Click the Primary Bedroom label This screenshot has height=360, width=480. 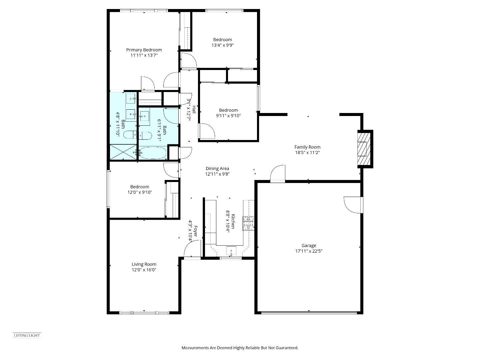coord(144,50)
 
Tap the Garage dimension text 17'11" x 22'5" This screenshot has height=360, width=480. coord(309,251)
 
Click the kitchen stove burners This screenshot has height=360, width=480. coord(248,223)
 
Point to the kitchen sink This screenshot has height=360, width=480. coord(231,250)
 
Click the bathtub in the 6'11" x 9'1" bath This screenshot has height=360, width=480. coord(152,153)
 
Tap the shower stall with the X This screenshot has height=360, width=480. coord(123,152)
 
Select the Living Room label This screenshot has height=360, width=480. coord(144,264)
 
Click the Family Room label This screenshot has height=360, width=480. coord(307,147)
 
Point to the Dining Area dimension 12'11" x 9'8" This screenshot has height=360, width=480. coord(217,174)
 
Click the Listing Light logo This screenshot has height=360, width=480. coord(27,336)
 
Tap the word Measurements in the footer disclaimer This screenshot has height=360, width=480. coord(195,348)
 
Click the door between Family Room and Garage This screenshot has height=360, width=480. coord(278,174)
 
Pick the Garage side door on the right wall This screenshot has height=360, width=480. coord(353,205)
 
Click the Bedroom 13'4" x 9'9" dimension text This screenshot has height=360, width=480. coord(222,45)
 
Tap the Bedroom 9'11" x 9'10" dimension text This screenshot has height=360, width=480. coord(228,116)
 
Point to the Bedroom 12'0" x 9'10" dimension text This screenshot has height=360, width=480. coord(140,192)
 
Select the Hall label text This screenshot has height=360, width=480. coord(194,109)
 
